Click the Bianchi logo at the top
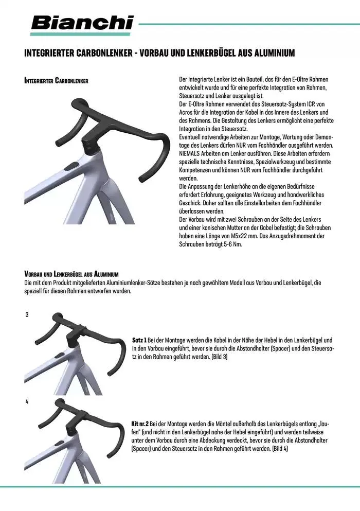82,23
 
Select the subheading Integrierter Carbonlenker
57,81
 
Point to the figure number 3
27,314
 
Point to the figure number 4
27,401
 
